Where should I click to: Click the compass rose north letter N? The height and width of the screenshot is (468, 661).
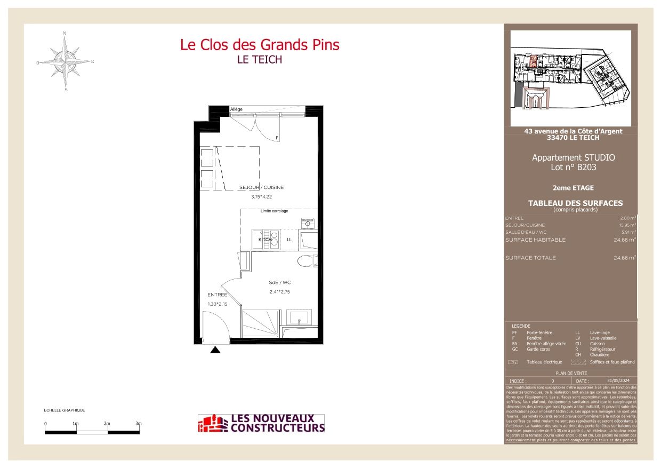65,33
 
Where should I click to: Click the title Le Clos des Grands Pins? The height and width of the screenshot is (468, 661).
260,45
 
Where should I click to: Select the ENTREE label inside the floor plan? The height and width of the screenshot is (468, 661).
217,295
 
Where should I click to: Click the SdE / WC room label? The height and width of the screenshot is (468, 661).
279,282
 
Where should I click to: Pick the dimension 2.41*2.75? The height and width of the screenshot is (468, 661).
279,292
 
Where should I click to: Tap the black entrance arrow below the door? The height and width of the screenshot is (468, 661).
215,350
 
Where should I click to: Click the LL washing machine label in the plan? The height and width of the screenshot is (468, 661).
289,240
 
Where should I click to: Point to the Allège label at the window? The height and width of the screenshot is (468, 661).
236,109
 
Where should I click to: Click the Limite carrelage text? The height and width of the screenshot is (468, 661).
274,211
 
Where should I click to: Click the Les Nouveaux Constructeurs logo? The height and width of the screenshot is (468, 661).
261,423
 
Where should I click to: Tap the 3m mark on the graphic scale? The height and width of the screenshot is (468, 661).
138,424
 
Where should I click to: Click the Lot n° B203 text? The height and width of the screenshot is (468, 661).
573,167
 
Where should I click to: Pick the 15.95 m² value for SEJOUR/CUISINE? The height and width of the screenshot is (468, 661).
627,225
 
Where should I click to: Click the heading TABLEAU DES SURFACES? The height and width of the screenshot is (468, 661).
575,203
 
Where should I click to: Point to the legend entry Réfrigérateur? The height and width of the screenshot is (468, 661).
602,349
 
